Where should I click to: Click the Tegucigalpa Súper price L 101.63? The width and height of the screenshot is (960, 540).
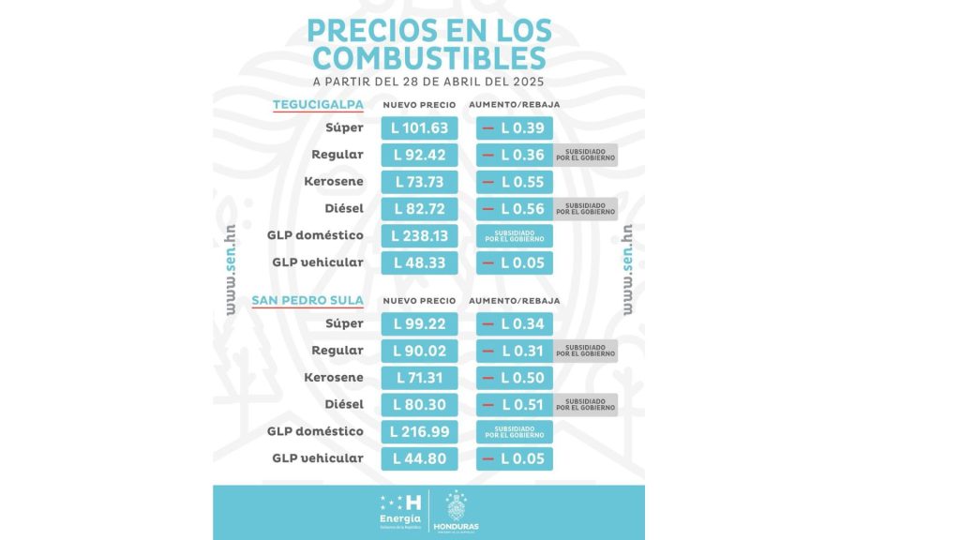(x=419, y=128)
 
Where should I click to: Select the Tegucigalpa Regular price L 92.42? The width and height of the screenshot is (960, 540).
(x=419, y=155)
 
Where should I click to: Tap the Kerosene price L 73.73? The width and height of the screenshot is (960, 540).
(x=419, y=182)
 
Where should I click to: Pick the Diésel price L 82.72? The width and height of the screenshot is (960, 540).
(x=419, y=208)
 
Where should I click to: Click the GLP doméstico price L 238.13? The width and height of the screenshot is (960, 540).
(x=419, y=235)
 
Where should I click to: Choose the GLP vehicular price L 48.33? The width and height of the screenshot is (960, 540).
(x=419, y=262)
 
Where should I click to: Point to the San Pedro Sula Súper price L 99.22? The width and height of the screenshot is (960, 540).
(x=419, y=324)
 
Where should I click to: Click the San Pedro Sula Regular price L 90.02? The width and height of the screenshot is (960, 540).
(x=419, y=351)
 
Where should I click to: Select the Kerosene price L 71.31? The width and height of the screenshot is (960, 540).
(x=419, y=378)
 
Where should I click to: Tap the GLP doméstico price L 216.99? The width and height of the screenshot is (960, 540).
(x=419, y=432)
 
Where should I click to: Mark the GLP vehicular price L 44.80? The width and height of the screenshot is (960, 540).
(x=419, y=458)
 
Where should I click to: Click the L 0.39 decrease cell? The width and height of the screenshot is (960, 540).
(x=515, y=128)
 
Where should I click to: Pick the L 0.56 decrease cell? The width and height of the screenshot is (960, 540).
(x=515, y=208)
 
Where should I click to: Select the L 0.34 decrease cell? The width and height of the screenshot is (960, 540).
(x=515, y=324)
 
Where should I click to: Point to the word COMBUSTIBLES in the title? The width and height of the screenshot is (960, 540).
(x=429, y=58)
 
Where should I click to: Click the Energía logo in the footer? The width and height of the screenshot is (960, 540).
(x=400, y=511)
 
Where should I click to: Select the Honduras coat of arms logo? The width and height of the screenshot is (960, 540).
(x=456, y=511)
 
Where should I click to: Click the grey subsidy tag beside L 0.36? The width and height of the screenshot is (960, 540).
(x=585, y=155)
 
